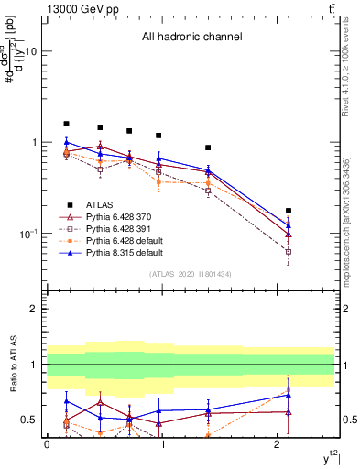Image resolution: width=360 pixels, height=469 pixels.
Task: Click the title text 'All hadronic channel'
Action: pyautogui.click(x=191, y=38)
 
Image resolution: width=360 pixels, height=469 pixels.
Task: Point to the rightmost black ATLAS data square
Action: pyautogui.click(x=289, y=211)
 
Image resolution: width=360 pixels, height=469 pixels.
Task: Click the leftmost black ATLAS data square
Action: pyautogui.click(x=66, y=124)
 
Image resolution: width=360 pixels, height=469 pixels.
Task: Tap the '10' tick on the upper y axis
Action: pyautogui.click(x=30, y=51)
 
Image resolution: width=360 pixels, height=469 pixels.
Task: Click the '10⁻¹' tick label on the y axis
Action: pyautogui.click(x=27, y=234)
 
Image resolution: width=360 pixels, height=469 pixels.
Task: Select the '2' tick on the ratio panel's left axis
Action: pyautogui.click(x=34, y=310)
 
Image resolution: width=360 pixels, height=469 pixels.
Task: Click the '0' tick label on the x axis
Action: pyautogui.click(x=47, y=444)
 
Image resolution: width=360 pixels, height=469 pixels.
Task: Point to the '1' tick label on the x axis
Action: pyautogui.click(x=162, y=444)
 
